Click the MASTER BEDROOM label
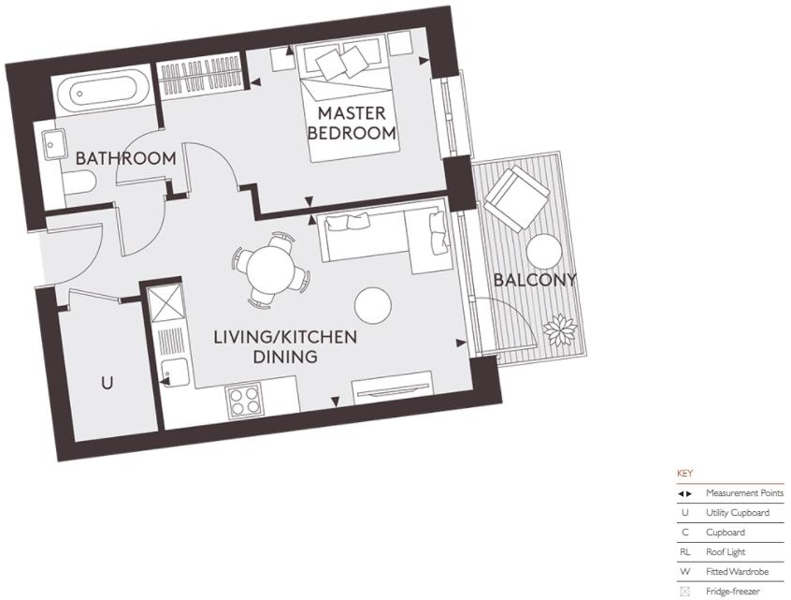click(x=352, y=123)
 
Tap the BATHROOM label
click(x=125, y=158)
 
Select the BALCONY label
click(x=535, y=279)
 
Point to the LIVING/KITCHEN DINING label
click(x=285, y=346)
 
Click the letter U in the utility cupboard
click(x=108, y=383)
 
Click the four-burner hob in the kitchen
click(x=244, y=402)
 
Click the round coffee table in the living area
click(x=373, y=303)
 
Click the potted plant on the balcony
click(x=564, y=329)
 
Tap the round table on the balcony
click(x=543, y=250)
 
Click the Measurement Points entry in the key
click(x=743, y=493)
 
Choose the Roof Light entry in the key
click(x=726, y=552)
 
